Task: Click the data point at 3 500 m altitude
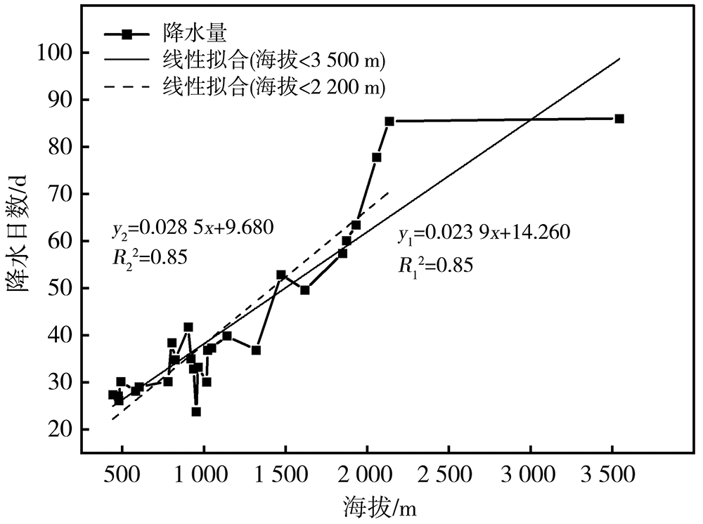pos(619,119)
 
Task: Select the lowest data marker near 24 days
pos(196,412)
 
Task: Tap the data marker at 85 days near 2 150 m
pos(389,122)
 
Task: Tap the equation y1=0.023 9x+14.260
pos(484,234)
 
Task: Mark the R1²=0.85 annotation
pos(435,264)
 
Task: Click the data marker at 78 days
pos(377,157)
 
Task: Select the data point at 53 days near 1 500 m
pos(281,275)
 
